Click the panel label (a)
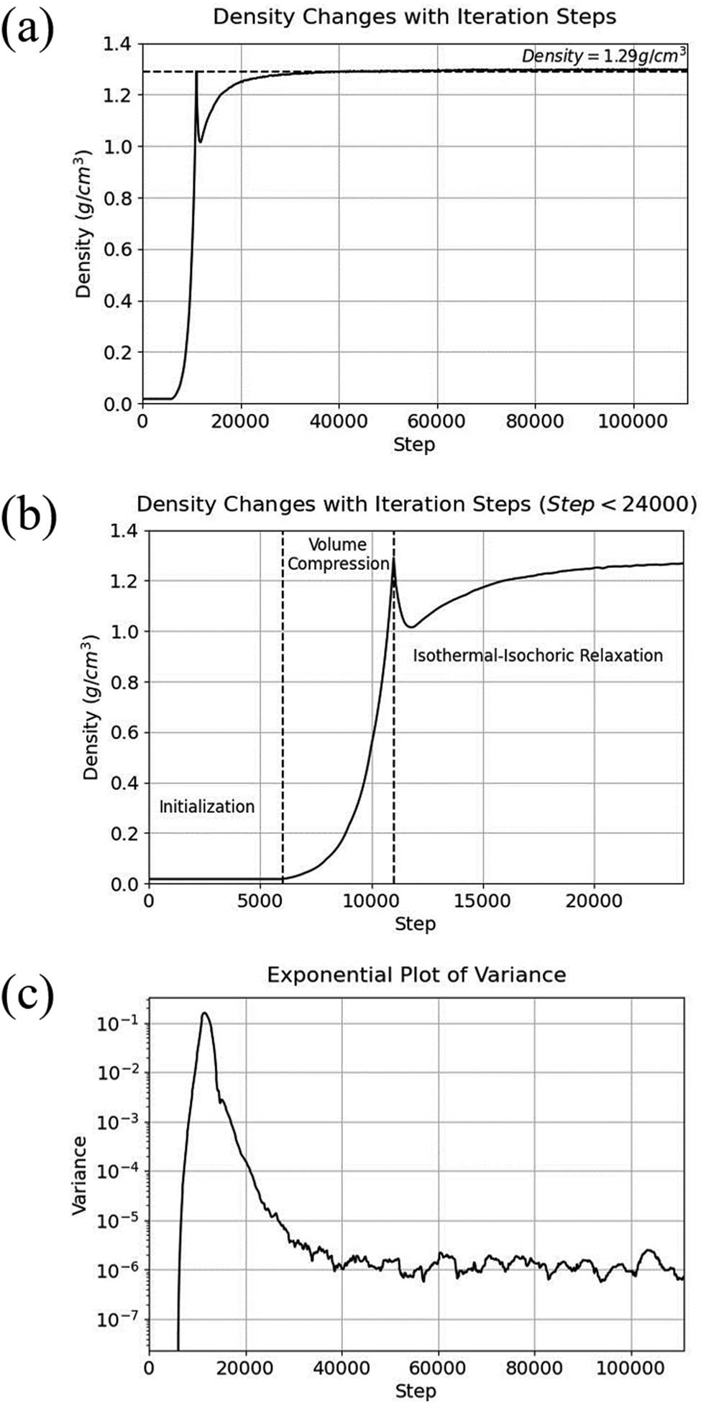click(28, 30)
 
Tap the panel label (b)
click(29, 515)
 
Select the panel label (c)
click(28, 995)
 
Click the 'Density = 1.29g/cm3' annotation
click(603, 56)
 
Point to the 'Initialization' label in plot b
click(206, 806)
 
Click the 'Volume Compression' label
click(338, 554)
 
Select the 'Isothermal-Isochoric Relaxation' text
click(537, 655)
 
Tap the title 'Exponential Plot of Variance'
click(416, 975)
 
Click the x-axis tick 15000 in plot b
click(483, 901)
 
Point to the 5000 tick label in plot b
click(260, 901)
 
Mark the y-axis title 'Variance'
click(80, 1175)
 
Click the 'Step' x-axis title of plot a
click(414, 444)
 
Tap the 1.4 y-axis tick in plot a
click(117, 45)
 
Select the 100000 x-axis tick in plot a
click(633, 421)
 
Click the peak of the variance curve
click(205, 1013)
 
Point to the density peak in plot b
click(393, 561)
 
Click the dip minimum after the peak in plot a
click(201, 142)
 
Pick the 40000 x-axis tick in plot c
click(342, 1367)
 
